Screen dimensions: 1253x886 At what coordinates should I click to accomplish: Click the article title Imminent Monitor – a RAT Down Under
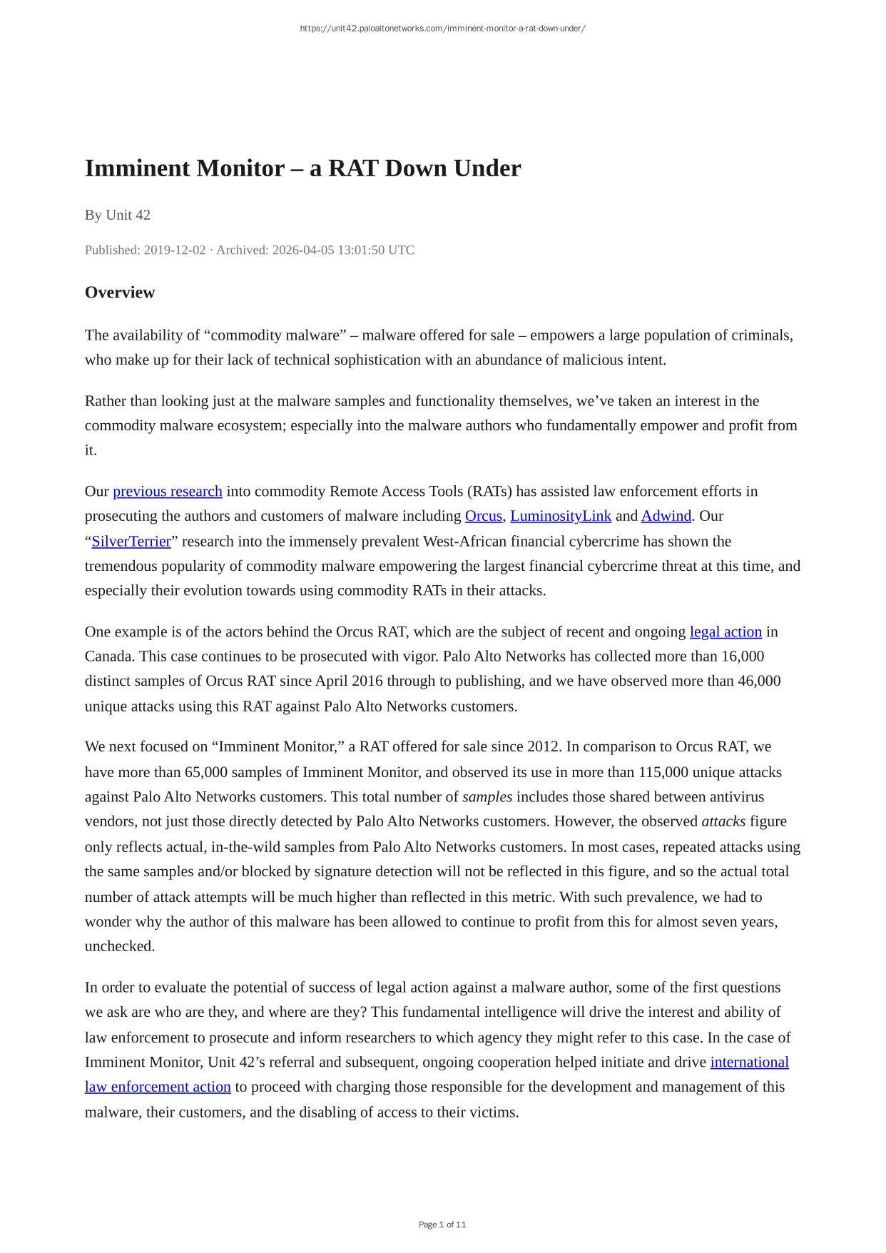(302, 168)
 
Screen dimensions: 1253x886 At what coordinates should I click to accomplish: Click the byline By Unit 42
(118, 215)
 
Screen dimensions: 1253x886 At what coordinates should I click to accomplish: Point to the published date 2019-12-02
(174, 250)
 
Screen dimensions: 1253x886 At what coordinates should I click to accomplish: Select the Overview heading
(120, 293)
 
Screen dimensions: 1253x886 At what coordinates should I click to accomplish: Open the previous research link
(168, 491)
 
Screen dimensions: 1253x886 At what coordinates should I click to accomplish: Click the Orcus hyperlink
(483, 516)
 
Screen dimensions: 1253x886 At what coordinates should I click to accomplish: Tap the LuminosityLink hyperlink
(561, 516)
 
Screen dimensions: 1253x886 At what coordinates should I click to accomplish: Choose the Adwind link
(666, 516)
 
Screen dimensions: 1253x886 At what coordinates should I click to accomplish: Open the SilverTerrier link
(131, 541)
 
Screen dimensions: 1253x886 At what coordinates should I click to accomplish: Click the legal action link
(725, 631)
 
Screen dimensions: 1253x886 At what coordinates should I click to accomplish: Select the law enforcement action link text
(158, 1087)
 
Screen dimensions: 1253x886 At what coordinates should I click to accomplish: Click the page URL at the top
(442, 29)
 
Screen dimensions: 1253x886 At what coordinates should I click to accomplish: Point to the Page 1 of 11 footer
(442, 1224)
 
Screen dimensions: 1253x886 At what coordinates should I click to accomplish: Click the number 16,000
(742, 656)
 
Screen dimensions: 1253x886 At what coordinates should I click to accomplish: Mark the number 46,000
(759, 681)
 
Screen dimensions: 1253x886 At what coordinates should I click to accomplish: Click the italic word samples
(487, 797)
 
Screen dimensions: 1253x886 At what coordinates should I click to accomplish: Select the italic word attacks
(723, 821)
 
